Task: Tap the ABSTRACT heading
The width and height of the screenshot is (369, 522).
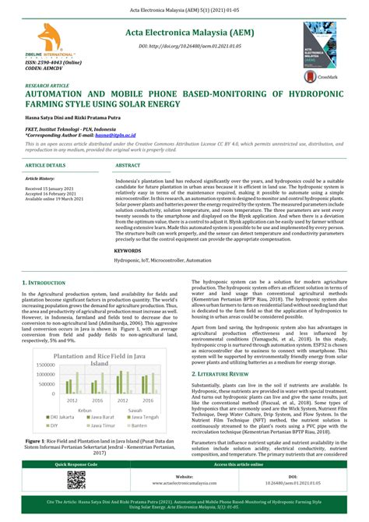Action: tap(128, 166)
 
